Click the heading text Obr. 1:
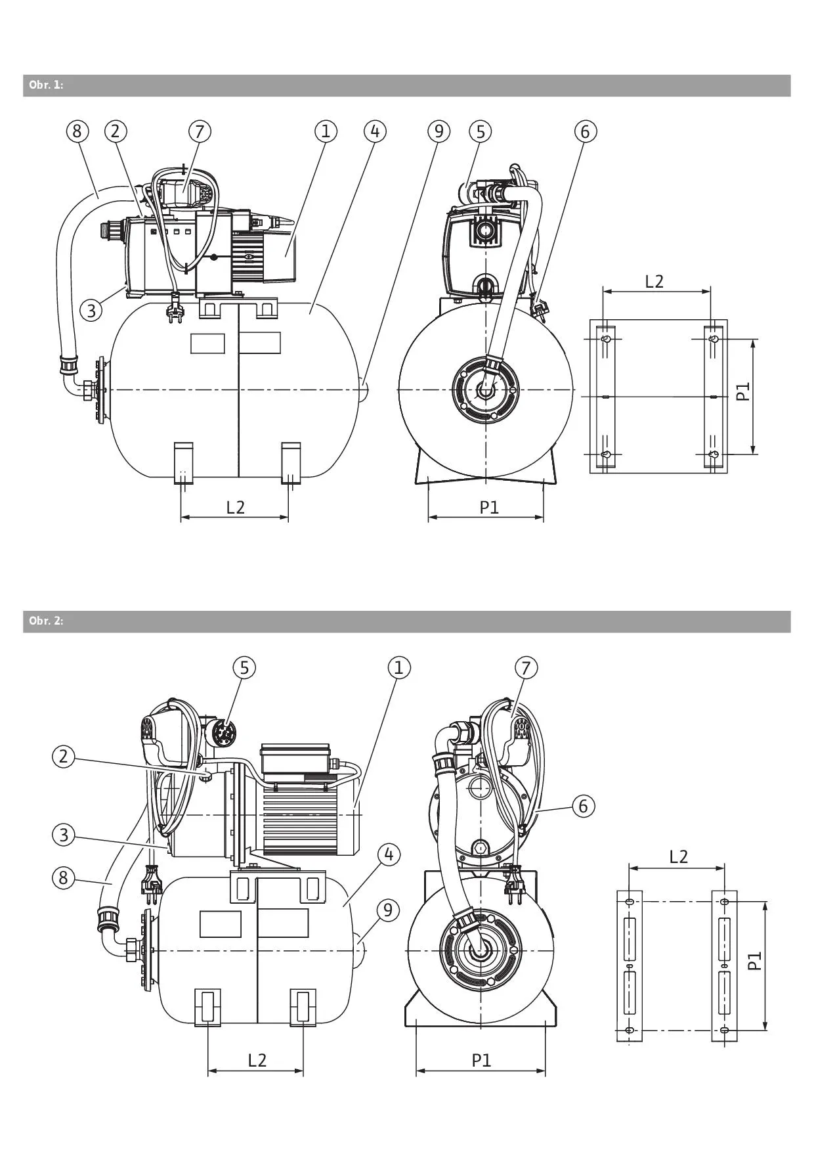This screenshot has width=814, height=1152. [46, 85]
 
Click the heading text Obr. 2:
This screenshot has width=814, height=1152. [46, 621]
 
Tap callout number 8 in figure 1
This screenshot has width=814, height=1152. [77, 131]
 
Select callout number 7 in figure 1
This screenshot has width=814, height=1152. [200, 131]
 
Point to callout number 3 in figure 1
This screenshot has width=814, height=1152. [92, 309]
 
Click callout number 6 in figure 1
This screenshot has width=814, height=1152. [585, 131]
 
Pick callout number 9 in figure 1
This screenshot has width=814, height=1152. [439, 131]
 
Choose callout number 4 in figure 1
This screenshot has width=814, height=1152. [375, 131]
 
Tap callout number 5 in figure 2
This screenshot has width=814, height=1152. [244, 668]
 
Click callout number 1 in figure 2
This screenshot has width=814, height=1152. [398, 668]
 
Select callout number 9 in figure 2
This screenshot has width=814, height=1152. [388, 910]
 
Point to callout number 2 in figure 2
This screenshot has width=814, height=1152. [63, 756]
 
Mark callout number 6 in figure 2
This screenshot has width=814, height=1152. [583, 805]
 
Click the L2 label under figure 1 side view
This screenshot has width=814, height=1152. [235, 507]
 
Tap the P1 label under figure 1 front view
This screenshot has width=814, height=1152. [489, 507]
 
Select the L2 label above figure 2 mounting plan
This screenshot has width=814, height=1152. [678, 856]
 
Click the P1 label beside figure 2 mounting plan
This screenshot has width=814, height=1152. [756, 962]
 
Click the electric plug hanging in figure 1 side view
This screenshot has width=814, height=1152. [175, 307]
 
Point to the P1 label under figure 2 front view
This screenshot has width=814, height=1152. [481, 1060]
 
